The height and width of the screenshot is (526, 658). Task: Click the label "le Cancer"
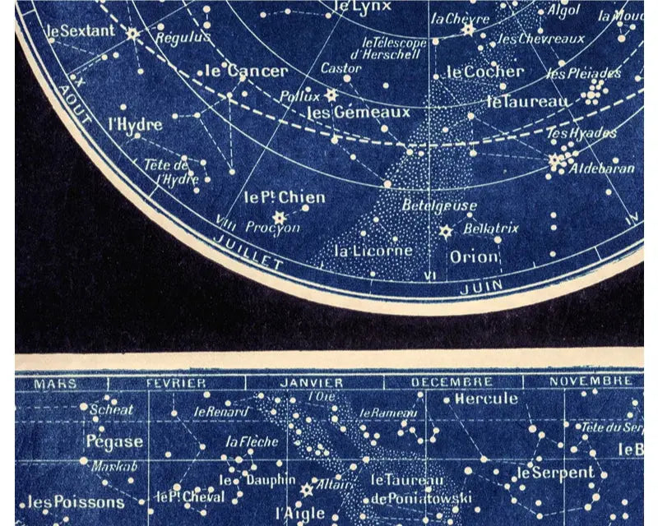click(x=246, y=72)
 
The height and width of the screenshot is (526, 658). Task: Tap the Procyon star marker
click(x=279, y=217)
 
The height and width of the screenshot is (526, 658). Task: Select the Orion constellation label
click(x=475, y=257)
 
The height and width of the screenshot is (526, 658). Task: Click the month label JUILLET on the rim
click(x=247, y=251)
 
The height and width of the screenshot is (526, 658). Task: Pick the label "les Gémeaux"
click(x=346, y=113)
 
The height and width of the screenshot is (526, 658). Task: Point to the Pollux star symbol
click(x=331, y=95)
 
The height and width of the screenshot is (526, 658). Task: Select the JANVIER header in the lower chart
click(x=311, y=383)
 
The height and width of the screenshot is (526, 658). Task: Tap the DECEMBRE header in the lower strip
click(x=452, y=383)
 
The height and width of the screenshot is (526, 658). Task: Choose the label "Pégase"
click(x=114, y=441)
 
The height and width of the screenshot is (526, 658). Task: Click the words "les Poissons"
click(x=76, y=502)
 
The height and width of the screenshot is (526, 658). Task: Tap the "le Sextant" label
click(x=77, y=31)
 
